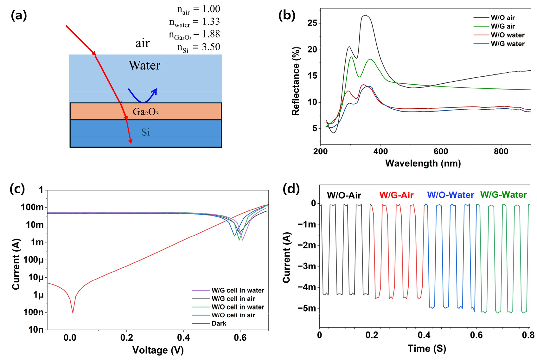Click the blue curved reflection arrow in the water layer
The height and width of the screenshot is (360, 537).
tap(143, 102)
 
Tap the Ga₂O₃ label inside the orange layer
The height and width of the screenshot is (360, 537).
tap(146, 112)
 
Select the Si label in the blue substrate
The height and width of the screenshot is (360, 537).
tap(145, 132)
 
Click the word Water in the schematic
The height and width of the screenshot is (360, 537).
tap(144, 65)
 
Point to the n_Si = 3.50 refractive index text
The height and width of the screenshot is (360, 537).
tap(199, 47)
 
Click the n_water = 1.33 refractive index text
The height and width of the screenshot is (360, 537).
tap(195, 22)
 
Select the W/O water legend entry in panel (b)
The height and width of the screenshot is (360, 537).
tap(499, 35)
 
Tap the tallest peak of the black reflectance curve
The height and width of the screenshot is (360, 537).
tap(365, 15)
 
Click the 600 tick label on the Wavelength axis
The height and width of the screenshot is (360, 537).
tap(441, 151)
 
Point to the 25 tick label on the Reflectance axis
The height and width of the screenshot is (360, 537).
tap(312, 23)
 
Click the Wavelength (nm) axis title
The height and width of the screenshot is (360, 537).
tap(423, 163)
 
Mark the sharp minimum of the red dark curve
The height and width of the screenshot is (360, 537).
tap(73, 313)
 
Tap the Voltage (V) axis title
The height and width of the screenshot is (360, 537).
tap(158, 350)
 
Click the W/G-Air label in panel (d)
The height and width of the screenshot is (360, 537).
tap(397, 195)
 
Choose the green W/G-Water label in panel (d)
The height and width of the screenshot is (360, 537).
tap(503, 195)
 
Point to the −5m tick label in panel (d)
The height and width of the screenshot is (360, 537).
tap(307, 308)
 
